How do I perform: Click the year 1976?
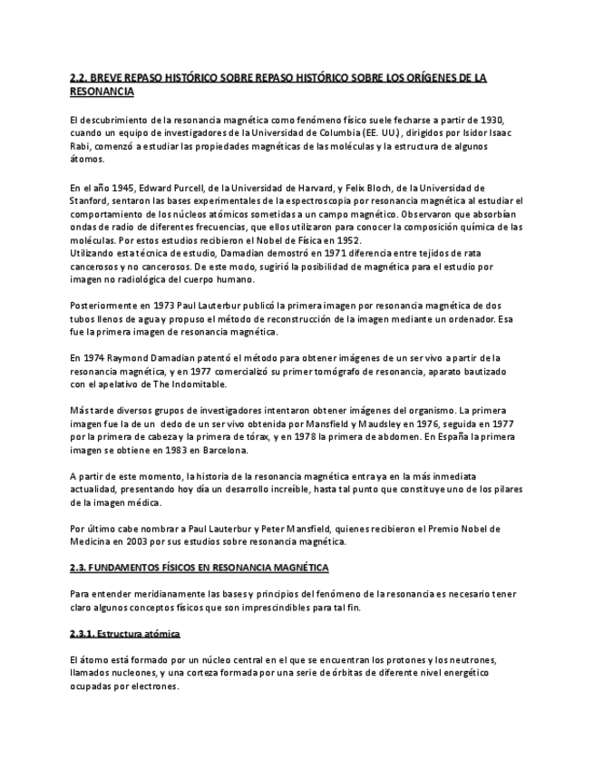pos(437,423)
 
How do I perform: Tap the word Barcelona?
pos(221,450)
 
